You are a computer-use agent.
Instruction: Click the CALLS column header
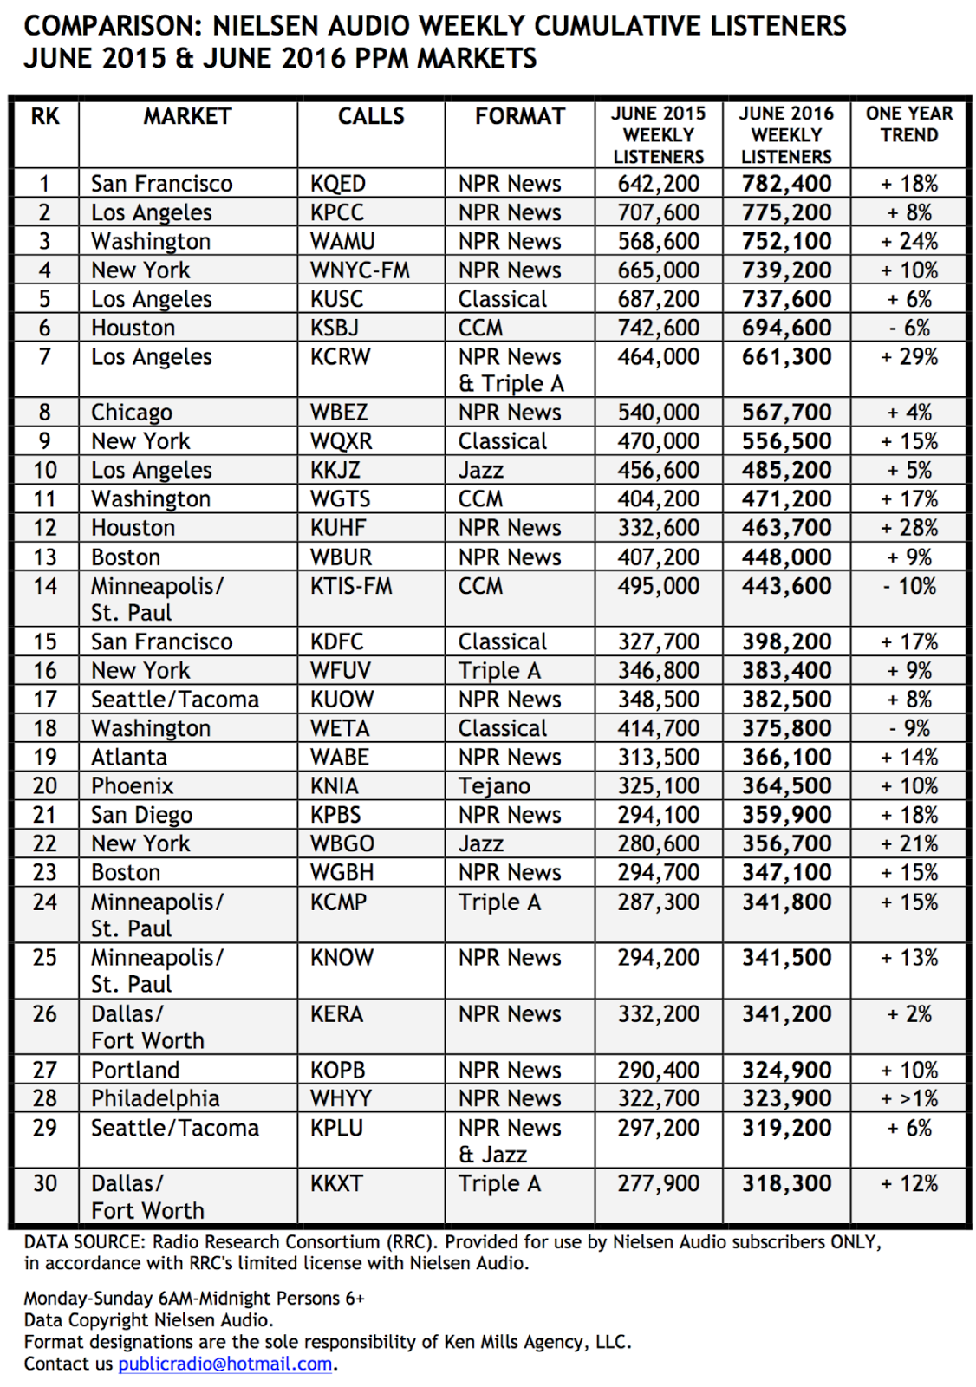pyautogui.click(x=371, y=116)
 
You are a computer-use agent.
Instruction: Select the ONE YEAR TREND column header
pyautogui.click(x=908, y=125)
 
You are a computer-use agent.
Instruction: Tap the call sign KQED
pyautogui.click(x=338, y=184)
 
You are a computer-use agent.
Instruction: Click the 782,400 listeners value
pyautogui.click(x=786, y=184)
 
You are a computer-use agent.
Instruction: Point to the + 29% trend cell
pyautogui.click(x=909, y=357)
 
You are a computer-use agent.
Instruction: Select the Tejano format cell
pyautogui.click(x=494, y=786)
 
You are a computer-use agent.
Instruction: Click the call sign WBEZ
pyautogui.click(x=339, y=413)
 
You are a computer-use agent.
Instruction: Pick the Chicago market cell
pyautogui.click(x=132, y=413)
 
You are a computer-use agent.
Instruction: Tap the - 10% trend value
pyautogui.click(x=909, y=587)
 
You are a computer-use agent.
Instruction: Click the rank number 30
pyautogui.click(x=45, y=1183)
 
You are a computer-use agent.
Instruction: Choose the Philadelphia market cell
pyautogui.click(x=155, y=1098)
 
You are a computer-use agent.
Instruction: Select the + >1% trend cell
pyautogui.click(x=909, y=1098)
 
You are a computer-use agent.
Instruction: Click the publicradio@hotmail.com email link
pyautogui.click(x=225, y=1364)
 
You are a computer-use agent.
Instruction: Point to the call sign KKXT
pyautogui.click(x=336, y=1183)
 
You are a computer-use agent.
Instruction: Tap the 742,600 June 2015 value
pyautogui.click(x=658, y=329)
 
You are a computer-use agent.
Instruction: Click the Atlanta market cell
pyautogui.click(x=129, y=758)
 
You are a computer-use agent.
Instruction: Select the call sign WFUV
pyautogui.click(x=340, y=671)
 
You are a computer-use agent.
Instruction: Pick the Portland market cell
pyautogui.click(x=135, y=1070)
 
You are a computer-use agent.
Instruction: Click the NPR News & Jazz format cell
pyautogui.click(x=510, y=1141)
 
